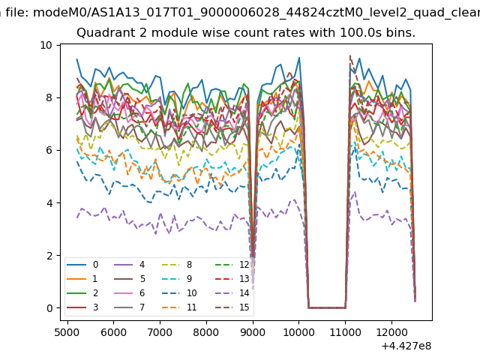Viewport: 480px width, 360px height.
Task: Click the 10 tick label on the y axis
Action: point(46,45)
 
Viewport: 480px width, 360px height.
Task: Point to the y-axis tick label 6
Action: point(49,150)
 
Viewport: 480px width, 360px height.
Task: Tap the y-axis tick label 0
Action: point(49,308)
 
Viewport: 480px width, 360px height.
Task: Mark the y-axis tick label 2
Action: point(49,256)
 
